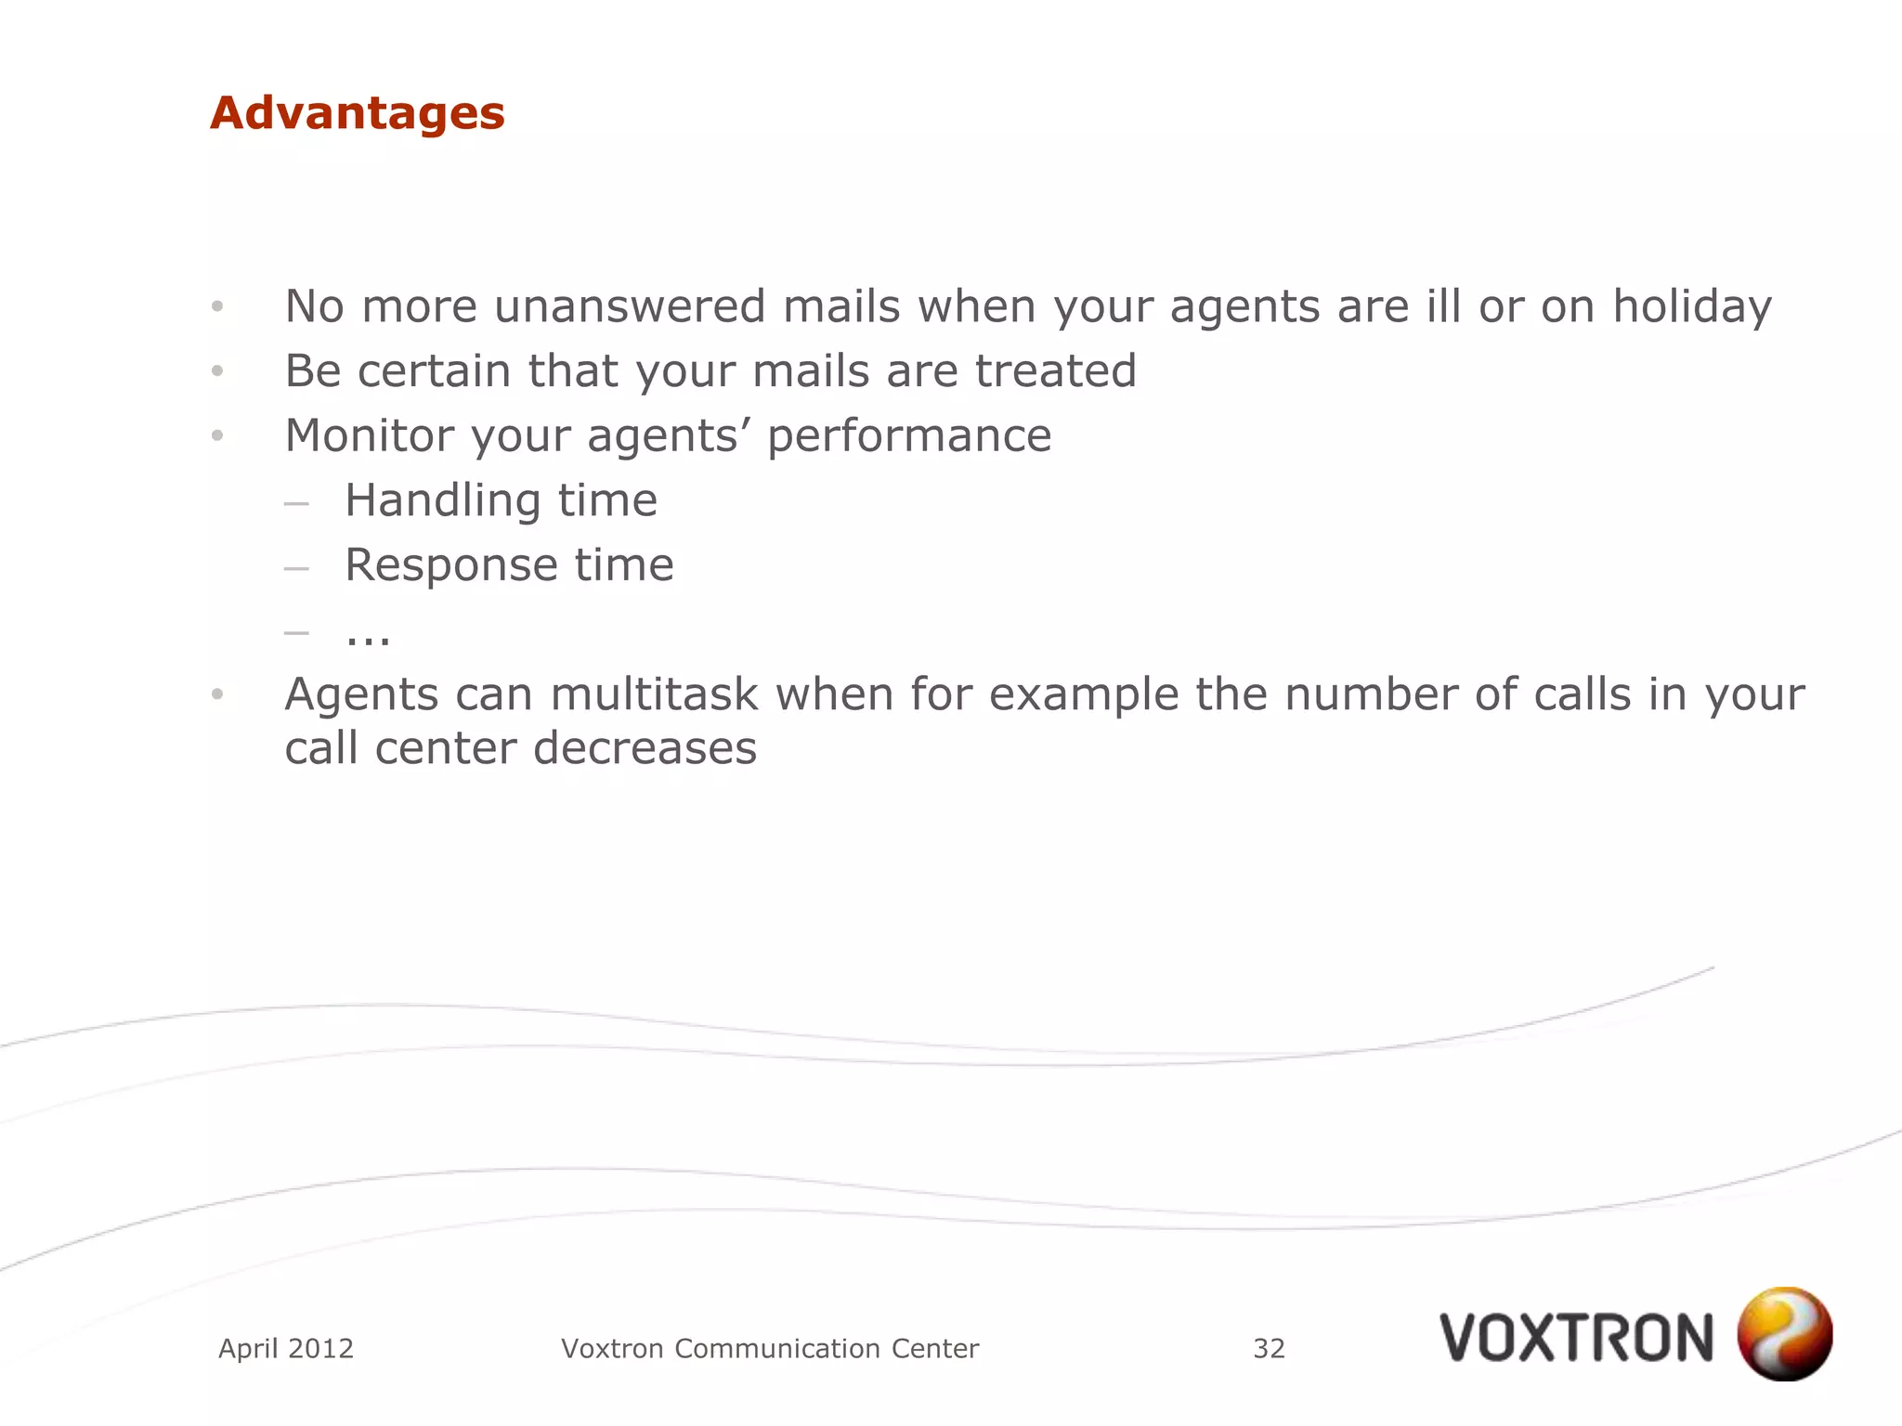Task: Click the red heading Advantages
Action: [358, 113]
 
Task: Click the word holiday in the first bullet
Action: [1691, 306]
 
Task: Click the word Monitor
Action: [370, 435]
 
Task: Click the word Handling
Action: [442, 501]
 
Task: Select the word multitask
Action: [654, 694]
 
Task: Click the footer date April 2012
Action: [286, 1348]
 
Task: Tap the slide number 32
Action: [1269, 1348]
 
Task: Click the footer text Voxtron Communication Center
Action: [770, 1348]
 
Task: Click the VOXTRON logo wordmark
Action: [1576, 1338]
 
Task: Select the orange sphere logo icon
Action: [1784, 1333]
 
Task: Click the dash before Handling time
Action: [296, 504]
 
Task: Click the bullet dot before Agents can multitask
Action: [217, 694]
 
